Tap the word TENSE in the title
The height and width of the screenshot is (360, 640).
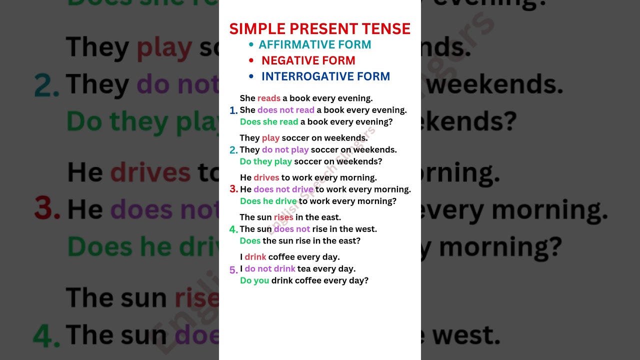click(x=388, y=28)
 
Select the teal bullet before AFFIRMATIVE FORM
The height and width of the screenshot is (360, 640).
click(x=251, y=44)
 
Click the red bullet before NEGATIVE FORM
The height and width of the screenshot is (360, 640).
click(x=251, y=60)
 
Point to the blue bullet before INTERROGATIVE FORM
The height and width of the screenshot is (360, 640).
click(x=251, y=76)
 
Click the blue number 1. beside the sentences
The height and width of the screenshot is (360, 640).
click(x=233, y=110)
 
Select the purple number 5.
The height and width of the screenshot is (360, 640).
click(x=233, y=270)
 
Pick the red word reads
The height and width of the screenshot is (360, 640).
click(x=269, y=98)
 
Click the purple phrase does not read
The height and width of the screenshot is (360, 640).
click(x=286, y=110)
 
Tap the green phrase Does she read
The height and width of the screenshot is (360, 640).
click(x=269, y=121)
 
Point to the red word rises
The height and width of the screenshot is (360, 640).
click(x=283, y=217)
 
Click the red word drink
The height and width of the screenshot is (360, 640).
click(x=255, y=257)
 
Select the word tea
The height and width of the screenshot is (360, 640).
click(x=304, y=268)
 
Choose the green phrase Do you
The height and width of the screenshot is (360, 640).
click(x=254, y=280)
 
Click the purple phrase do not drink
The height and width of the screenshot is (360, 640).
click(x=270, y=268)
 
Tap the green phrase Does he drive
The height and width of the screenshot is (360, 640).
click(x=268, y=201)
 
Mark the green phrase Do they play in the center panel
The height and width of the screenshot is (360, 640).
click(x=265, y=161)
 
